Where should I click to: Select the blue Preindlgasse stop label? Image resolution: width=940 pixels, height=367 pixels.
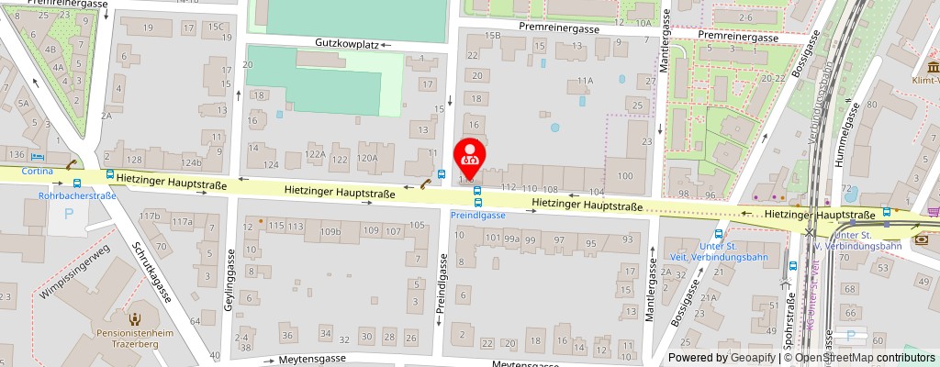[477, 215]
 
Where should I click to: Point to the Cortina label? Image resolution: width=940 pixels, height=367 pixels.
[38, 171]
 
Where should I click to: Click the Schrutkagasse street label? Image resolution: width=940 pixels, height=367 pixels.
[152, 272]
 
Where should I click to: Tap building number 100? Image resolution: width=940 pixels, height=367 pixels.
[625, 175]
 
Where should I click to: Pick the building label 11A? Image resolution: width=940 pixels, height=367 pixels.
[585, 81]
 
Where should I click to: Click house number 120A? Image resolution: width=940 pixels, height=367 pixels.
[367, 158]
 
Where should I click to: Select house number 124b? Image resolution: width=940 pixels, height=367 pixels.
[191, 162]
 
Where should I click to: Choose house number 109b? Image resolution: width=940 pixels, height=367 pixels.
[330, 231]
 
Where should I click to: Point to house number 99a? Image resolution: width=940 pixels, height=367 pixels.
[512, 239]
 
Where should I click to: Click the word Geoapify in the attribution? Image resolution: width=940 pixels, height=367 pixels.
[754, 358]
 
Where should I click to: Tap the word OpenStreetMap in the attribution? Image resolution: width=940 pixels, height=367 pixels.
[835, 358]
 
